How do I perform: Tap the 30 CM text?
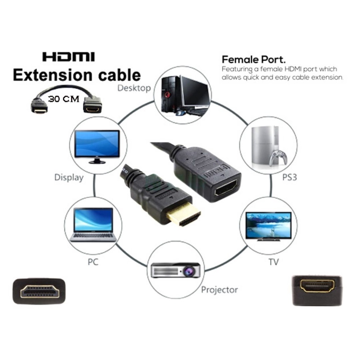[64, 99]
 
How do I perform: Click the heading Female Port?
[254, 60]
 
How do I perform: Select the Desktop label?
[134, 88]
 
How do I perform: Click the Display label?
[69, 178]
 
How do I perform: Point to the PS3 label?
[290, 177]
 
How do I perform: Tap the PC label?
[93, 262]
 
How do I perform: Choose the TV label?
[274, 262]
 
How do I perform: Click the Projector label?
[219, 290]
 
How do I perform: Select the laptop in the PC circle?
[93, 225]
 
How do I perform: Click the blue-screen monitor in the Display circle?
[97, 147]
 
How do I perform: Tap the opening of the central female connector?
[226, 188]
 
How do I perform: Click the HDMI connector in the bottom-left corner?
[39, 291]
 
